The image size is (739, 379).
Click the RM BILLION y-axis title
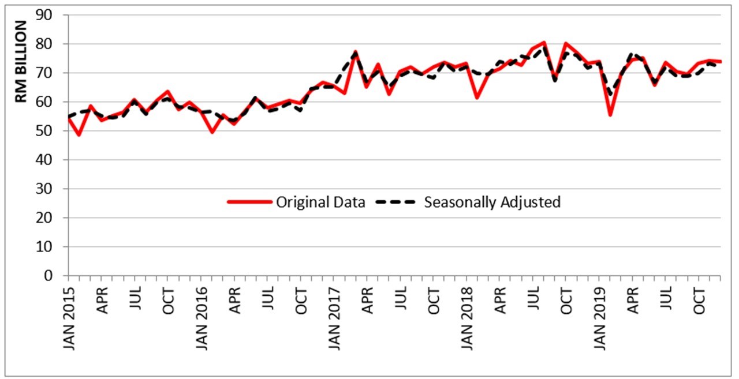[x=21, y=62]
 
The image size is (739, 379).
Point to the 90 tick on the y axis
[x=51, y=15]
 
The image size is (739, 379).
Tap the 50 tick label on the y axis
[x=51, y=131]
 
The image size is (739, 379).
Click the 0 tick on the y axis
[x=55, y=276]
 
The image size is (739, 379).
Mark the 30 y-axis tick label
[x=51, y=189]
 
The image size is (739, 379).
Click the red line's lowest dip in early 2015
[x=79, y=136]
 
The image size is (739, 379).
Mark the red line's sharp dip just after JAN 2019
[x=610, y=115]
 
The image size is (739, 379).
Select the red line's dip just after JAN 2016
[x=212, y=132]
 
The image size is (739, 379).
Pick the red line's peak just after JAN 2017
[x=356, y=52]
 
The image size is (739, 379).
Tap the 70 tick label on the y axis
[x=51, y=73]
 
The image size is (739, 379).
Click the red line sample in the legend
[x=249, y=202]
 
